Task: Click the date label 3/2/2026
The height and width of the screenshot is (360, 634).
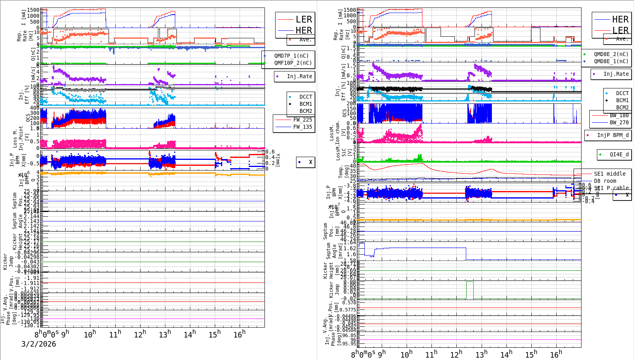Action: pos(39,344)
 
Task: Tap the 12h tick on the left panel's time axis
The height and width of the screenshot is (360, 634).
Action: pos(140,334)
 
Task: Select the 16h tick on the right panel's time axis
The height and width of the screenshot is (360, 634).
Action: pos(556,354)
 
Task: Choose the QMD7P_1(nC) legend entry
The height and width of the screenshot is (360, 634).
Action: pos(291,56)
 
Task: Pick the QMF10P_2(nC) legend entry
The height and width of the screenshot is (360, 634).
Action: pos(293,63)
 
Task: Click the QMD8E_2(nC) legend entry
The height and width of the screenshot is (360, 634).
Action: pos(611,54)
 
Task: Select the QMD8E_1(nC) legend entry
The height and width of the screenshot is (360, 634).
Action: pos(611,61)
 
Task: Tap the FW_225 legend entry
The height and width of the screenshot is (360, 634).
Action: pos(302,120)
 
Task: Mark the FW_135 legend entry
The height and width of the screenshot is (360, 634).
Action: pos(302,127)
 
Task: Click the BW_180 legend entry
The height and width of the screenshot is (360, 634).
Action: pos(619,115)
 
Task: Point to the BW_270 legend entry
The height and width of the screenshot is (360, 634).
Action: pos(619,122)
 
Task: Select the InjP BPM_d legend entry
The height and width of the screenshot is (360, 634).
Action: pos(613,135)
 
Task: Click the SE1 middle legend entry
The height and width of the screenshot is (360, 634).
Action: pos(610,174)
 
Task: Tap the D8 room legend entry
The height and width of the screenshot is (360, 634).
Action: pos(605,181)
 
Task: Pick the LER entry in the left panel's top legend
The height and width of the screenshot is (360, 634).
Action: pos(304,19)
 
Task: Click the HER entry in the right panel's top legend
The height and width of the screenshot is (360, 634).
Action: pos(620,19)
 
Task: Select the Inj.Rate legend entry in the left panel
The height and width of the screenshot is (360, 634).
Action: pos(299,76)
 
